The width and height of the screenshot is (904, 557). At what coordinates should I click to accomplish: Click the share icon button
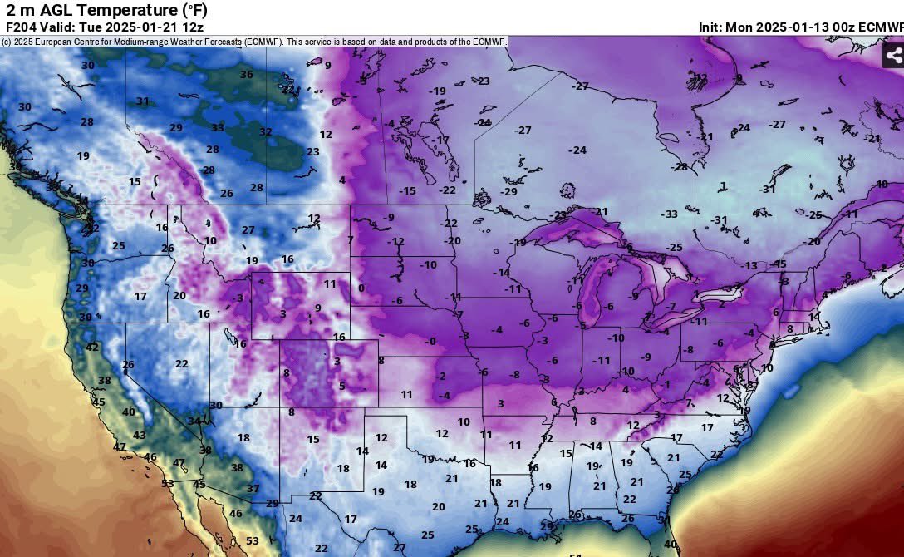893,56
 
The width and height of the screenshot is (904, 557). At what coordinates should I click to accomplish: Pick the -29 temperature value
508,192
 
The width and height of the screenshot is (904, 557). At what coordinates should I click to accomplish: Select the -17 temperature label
441,140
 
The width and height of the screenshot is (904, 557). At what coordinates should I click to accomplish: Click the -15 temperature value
407,191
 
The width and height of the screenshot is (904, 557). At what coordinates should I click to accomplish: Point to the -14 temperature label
501,273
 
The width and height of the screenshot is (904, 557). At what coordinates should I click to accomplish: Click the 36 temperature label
247,75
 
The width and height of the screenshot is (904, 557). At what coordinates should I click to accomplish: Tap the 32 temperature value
266,132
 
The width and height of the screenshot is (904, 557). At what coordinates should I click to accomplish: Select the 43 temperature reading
140,436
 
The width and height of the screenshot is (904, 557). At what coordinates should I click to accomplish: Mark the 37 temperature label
253,489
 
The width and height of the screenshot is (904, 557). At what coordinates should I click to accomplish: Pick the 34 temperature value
194,421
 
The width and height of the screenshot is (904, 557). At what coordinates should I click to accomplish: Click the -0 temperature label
430,342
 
